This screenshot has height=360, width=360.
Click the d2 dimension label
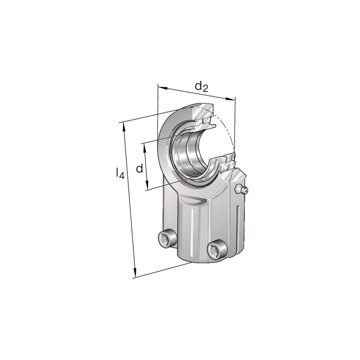(x=201, y=87)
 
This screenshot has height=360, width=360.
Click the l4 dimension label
(x=120, y=173)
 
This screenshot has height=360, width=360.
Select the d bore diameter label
(x=139, y=168)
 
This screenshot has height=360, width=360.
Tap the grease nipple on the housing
(x=242, y=189)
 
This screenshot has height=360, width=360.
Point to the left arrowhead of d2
(x=162, y=88)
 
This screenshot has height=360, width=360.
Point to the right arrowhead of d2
(x=231, y=99)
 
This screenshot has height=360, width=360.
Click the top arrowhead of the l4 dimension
(x=124, y=127)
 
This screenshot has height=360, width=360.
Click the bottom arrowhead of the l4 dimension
(x=135, y=272)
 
